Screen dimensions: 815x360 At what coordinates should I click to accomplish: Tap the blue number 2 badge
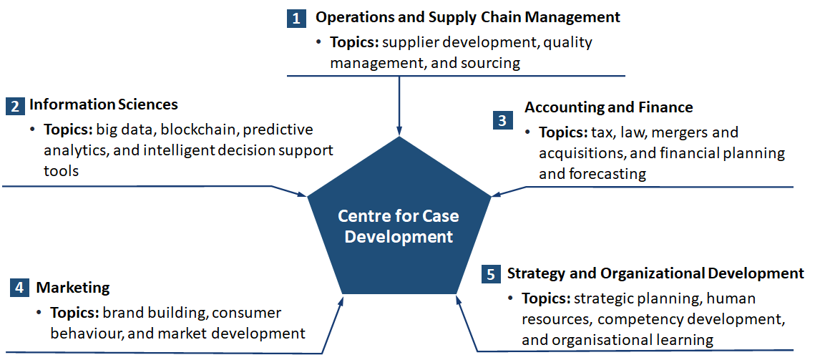pos(14,107)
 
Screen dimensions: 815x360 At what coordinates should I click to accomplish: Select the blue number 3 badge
pos(502,120)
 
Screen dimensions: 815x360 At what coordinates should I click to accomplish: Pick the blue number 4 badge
pos(19,288)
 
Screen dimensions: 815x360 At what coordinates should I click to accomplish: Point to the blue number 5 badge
pos(491,274)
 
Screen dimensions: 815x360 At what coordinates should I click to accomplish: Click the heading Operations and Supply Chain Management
pos(468,17)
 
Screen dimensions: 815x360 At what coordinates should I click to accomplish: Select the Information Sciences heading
pos(104,104)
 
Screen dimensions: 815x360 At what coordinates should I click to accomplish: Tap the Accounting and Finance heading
pos(609,107)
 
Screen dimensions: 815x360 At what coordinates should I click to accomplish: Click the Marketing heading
pos(73,287)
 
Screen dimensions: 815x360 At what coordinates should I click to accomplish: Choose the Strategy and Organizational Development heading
pos(655,273)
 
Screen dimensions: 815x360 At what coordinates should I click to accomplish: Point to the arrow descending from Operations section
pos(399,106)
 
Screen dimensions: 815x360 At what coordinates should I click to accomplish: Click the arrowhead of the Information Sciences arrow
pos(303,194)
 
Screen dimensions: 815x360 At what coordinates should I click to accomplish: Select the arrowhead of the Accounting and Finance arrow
pos(497,194)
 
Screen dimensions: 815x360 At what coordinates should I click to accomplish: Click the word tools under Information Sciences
pos(62,170)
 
